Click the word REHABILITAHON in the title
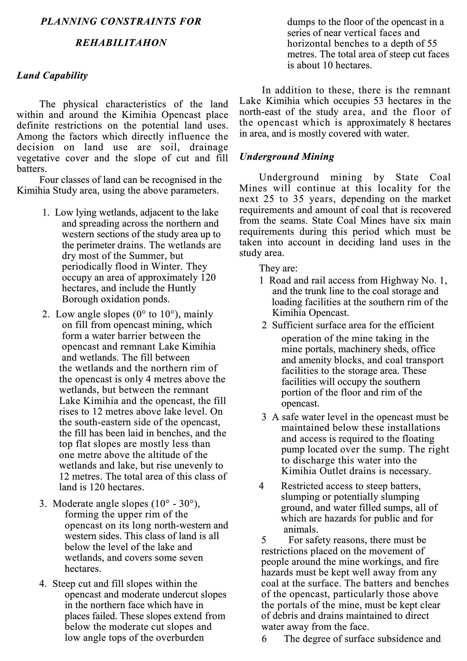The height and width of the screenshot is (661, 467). tap(121, 43)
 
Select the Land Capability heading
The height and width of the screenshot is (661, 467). tap(53, 76)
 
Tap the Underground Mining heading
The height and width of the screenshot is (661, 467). tap(287, 157)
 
